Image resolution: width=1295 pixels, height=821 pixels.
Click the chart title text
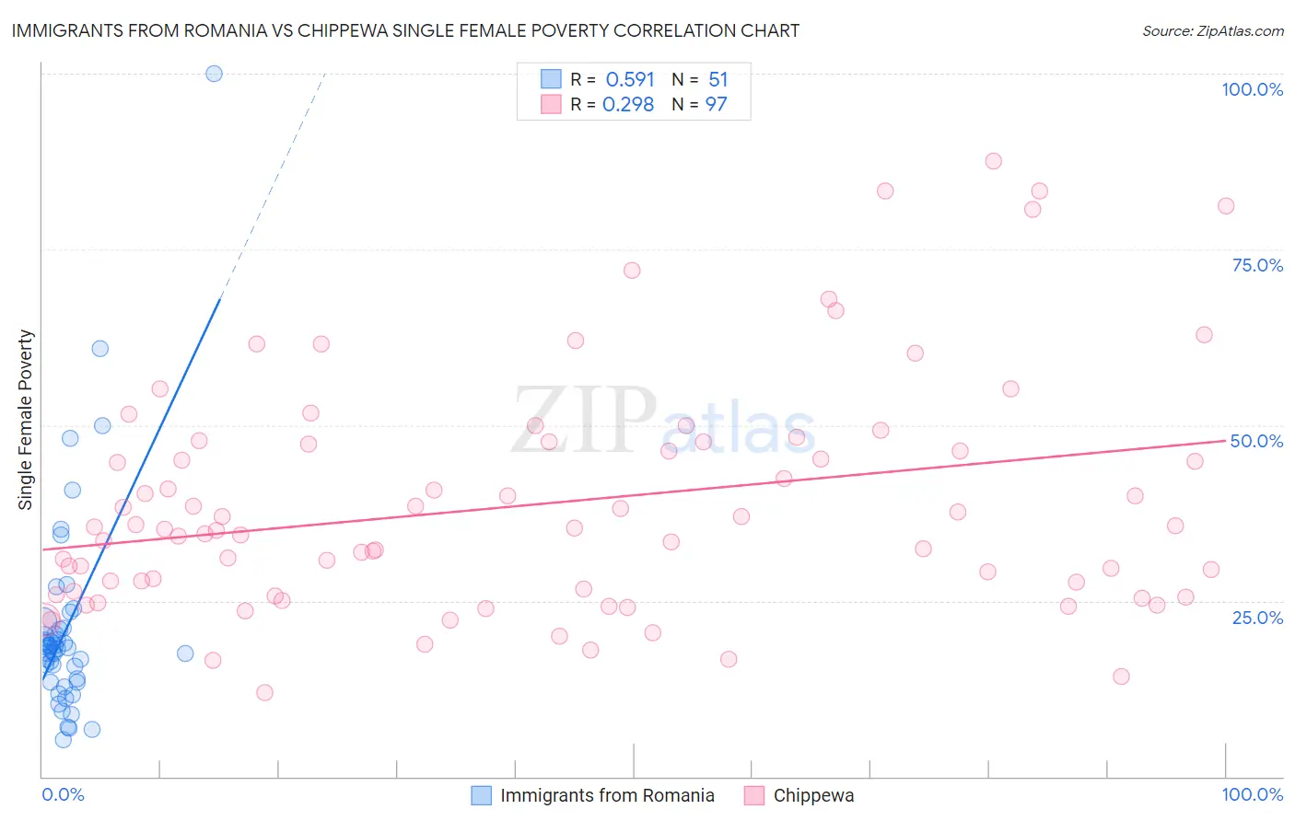[x=405, y=30]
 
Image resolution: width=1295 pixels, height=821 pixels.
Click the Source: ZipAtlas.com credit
[x=1212, y=30]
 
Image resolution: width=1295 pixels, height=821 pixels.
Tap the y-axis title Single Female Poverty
[x=26, y=420]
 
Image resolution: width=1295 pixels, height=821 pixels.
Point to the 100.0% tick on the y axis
[x=1252, y=89]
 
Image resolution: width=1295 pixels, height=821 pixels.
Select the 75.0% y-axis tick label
[x=1257, y=265]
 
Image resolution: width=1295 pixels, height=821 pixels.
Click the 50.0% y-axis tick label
[x=1256, y=441]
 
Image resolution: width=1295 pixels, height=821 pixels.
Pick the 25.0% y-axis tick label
[x=1257, y=618]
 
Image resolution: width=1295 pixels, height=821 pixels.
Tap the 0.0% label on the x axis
[x=63, y=794]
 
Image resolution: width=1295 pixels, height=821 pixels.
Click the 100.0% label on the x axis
[x=1252, y=794]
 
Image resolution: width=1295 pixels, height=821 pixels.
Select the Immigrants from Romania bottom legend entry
[x=607, y=795]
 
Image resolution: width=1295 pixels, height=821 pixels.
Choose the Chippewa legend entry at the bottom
[x=813, y=795]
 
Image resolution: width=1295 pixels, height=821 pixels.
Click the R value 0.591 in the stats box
[x=630, y=80]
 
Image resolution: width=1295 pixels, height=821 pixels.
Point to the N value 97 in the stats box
[x=716, y=105]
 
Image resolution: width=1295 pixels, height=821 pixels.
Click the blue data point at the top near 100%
[x=214, y=74]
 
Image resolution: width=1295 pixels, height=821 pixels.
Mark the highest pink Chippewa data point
[x=993, y=161]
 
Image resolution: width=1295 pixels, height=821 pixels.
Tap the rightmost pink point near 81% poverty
[x=1226, y=206]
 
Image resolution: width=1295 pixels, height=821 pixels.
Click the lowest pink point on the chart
[x=264, y=692]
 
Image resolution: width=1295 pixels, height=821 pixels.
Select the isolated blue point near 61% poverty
[x=100, y=349]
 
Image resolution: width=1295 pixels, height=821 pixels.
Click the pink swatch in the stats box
[x=551, y=104]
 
